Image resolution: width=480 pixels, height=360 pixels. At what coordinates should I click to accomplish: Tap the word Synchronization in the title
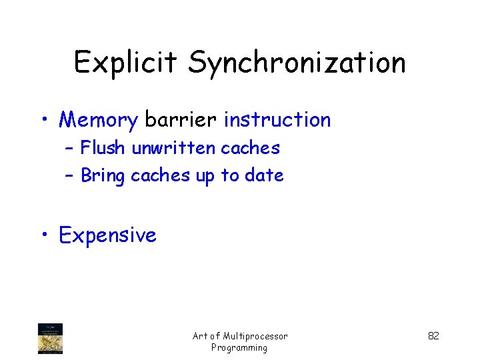297,63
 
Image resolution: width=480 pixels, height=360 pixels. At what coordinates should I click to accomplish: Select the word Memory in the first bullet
97,120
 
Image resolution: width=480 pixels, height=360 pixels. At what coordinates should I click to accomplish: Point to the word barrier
180,120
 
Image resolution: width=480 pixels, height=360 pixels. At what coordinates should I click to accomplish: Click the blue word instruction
277,120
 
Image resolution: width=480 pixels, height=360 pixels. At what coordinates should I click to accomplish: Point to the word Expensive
107,235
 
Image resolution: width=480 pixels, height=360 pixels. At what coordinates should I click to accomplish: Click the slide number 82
433,336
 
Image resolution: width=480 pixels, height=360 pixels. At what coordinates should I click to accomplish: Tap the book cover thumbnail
51,338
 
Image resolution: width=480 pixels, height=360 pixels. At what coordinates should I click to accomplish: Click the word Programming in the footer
239,347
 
